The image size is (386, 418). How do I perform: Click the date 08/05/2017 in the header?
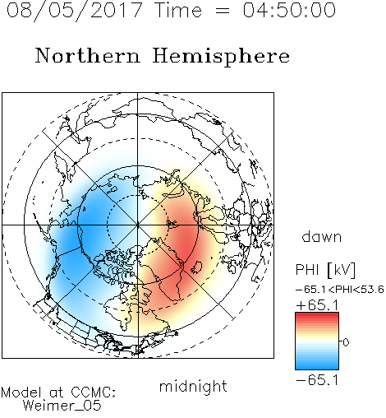(x=74, y=11)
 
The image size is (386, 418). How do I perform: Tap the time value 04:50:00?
(x=289, y=10)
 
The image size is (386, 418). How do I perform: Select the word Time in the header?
(x=178, y=10)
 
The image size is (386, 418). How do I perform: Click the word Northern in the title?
(x=88, y=56)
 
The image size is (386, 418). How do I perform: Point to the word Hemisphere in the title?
(x=221, y=57)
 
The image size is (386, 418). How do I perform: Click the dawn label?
(x=322, y=237)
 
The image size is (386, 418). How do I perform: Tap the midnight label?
(x=193, y=387)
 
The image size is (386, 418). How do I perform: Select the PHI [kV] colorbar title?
(x=325, y=270)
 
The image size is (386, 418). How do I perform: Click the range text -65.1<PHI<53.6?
(x=340, y=290)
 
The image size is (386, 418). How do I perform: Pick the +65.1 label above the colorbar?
(x=318, y=305)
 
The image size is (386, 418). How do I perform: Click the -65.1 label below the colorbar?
(x=318, y=380)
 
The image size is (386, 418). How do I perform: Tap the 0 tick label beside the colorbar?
(x=346, y=342)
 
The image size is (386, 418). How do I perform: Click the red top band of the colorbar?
(x=317, y=315)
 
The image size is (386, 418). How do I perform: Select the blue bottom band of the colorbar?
(x=317, y=366)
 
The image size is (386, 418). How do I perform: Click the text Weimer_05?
(x=62, y=406)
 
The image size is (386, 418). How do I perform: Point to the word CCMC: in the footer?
(x=94, y=392)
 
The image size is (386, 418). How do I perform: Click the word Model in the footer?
(x=21, y=392)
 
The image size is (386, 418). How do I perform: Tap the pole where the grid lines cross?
(x=138, y=225)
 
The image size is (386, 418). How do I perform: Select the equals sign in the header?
(x=223, y=11)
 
